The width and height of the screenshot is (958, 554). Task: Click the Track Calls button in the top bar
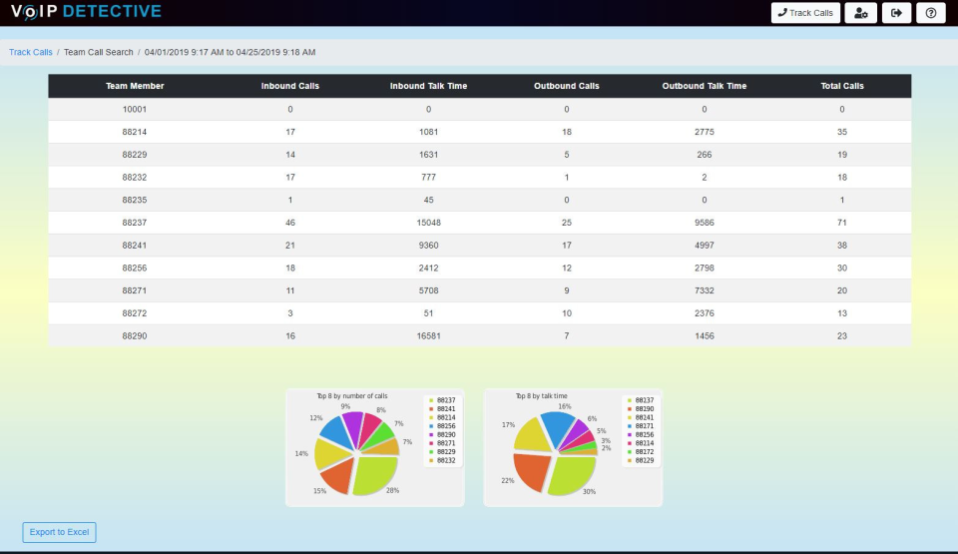pos(805,13)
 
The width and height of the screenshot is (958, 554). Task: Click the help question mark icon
pos(930,13)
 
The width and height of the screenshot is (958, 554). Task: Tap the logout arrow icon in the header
pos(896,13)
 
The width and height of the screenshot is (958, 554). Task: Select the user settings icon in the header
pos(860,13)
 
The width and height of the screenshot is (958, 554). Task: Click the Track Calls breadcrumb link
pos(31,52)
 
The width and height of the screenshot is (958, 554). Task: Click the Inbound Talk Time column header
pos(428,86)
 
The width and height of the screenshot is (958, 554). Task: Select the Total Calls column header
pos(841,86)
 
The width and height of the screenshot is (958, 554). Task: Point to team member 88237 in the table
pos(135,223)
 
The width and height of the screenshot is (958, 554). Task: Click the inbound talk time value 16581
pos(428,336)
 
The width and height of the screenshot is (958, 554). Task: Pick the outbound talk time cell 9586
pos(704,223)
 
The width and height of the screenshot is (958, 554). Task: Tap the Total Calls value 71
pos(841,223)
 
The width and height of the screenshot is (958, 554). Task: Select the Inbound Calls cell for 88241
pos(290,246)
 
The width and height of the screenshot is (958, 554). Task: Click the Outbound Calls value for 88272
pos(566,313)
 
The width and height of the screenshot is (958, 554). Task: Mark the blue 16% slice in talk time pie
pos(557,426)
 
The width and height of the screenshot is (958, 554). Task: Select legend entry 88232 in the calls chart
pos(445,460)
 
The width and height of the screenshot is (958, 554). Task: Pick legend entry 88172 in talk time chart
pos(643,451)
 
